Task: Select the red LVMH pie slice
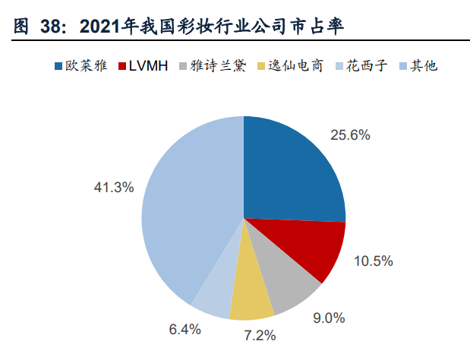pos(311,247)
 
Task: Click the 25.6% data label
pos(350,135)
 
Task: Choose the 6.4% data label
pos(185,330)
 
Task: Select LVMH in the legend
pos(149,65)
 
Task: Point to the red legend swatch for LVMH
pos(122,65)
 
